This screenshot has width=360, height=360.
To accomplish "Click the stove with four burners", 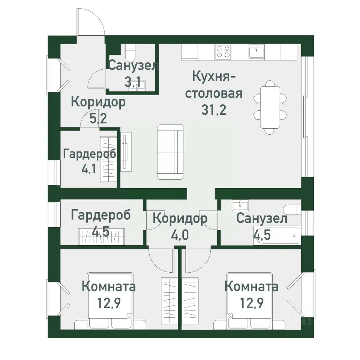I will point(223,52).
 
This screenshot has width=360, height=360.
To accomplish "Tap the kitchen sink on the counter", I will point(257,52).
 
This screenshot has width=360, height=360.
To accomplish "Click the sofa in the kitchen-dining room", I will point(170,151).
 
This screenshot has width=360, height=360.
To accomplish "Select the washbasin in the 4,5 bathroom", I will point(238,205).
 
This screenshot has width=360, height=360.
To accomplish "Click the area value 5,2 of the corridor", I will point(98,119).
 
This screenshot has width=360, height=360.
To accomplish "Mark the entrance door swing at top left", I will point(90,22).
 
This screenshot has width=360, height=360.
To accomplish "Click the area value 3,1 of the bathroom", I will point(133,82).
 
